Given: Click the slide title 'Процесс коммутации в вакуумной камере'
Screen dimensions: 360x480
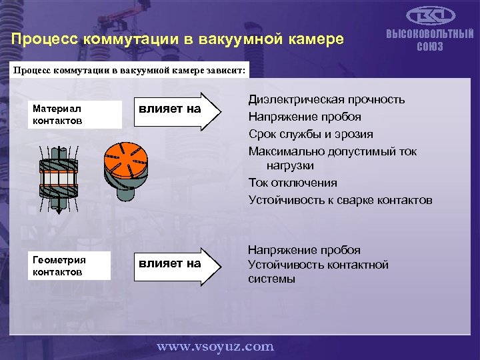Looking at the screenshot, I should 177,39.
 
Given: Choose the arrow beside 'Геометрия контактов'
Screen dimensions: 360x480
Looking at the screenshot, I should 177,263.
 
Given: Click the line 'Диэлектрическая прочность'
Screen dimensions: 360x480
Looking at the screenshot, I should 326,99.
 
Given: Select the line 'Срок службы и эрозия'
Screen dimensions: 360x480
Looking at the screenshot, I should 311,134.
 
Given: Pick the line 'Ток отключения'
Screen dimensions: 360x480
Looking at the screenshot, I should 293,183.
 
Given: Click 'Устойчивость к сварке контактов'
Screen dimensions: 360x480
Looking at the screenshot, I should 340,200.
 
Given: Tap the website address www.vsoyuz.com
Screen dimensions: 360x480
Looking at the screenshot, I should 215,346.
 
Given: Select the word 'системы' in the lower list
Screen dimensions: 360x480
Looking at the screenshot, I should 271,279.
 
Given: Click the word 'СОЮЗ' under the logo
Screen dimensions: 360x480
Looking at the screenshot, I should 430,46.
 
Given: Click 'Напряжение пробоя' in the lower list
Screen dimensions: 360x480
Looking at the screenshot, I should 304,250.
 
